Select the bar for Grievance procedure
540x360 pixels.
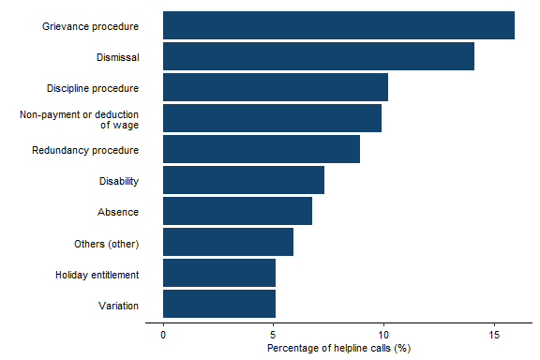click(x=338, y=25)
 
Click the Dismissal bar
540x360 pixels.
click(x=319, y=56)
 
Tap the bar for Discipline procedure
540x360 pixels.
click(x=276, y=87)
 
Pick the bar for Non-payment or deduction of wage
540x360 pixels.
click(x=272, y=118)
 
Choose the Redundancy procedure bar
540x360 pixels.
click(x=262, y=149)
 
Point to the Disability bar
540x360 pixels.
click(x=244, y=180)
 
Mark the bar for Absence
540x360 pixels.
click(x=237, y=211)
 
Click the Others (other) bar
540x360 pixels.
click(x=228, y=242)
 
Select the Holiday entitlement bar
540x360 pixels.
click(x=219, y=273)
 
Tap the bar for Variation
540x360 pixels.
click(x=219, y=304)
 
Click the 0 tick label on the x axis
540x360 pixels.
click(x=163, y=334)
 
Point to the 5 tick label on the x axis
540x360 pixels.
click(x=274, y=334)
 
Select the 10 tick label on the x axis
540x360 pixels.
click(x=383, y=334)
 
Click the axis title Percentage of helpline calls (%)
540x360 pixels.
click(x=339, y=349)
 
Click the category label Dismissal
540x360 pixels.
click(x=117, y=57)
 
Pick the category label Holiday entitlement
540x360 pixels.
click(x=97, y=274)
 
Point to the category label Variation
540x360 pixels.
click(x=118, y=305)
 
